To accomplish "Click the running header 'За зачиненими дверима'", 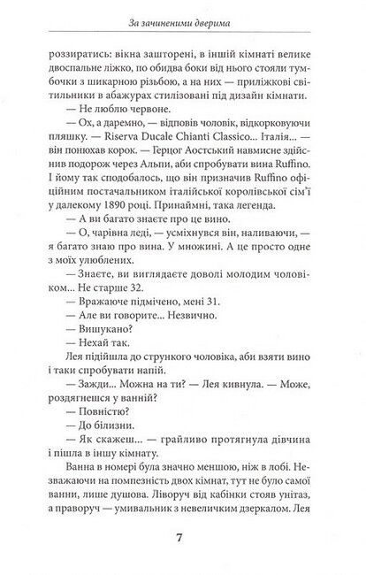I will (x=183, y=21).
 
